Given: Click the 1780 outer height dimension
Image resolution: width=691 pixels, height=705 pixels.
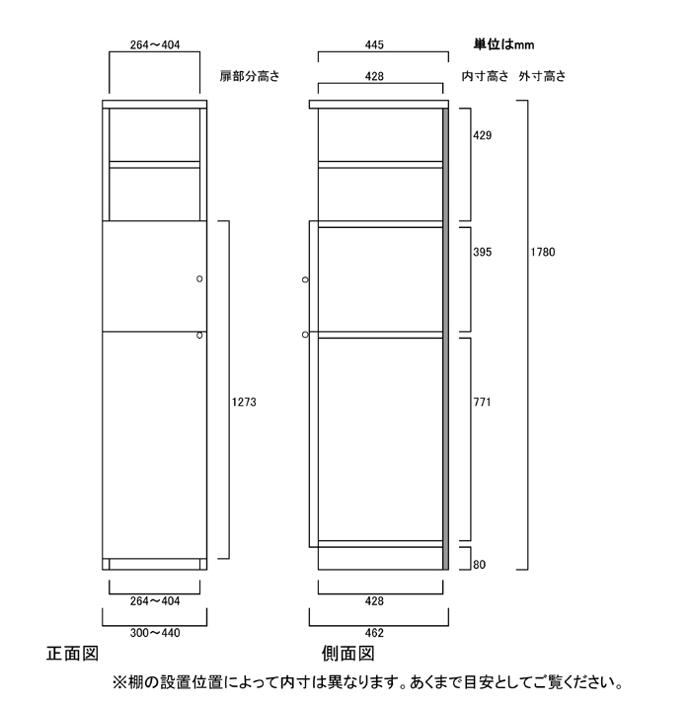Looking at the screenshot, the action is (543, 252).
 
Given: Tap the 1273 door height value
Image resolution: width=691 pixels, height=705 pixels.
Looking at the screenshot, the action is (244, 402).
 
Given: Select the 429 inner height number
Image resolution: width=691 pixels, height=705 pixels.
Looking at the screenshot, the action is (482, 135).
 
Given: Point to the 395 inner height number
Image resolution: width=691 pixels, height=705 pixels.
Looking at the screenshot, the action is (482, 252).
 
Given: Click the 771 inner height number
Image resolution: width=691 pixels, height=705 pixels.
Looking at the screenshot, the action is (482, 402).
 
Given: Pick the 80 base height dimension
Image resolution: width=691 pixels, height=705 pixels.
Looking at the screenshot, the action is (479, 564).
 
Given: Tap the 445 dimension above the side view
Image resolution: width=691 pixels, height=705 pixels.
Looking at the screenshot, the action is (374, 45).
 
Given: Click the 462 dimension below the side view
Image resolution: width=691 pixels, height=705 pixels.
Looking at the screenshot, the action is (374, 633).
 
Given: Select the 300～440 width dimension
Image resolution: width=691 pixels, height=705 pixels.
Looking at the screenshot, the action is (155, 633).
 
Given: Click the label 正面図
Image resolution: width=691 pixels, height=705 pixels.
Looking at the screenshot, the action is (72, 654).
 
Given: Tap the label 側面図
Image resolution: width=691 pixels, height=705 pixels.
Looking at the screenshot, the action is (347, 654).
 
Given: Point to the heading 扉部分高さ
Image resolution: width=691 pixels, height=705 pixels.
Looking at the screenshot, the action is (250, 76).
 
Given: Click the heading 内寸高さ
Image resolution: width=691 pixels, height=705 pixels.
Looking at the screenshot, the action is (485, 76).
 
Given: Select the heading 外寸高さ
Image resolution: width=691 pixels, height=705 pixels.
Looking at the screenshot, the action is (542, 76).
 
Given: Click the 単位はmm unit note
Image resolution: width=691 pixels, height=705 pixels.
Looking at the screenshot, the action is (503, 44).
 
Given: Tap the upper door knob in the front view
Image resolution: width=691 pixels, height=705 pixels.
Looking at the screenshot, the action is (199, 278).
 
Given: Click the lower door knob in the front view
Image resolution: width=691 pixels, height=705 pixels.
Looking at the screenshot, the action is (199, 335).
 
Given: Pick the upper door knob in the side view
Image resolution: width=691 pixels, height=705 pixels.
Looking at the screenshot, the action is (305, 279).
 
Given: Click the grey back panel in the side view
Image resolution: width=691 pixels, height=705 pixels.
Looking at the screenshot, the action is (445, 339).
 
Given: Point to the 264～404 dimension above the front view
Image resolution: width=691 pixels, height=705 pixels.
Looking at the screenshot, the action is (155, 45).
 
